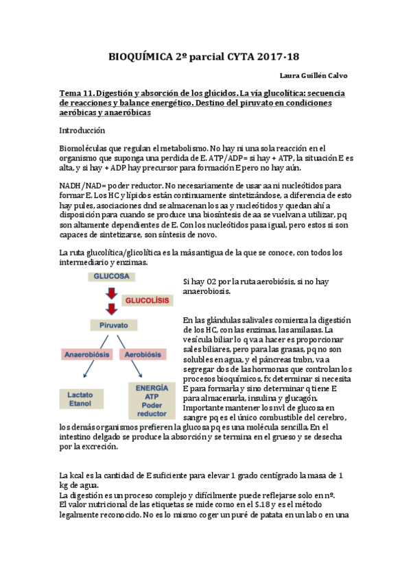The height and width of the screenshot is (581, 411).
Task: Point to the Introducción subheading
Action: coord(82,129)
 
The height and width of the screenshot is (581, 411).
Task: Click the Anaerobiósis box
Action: coord(88,355)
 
